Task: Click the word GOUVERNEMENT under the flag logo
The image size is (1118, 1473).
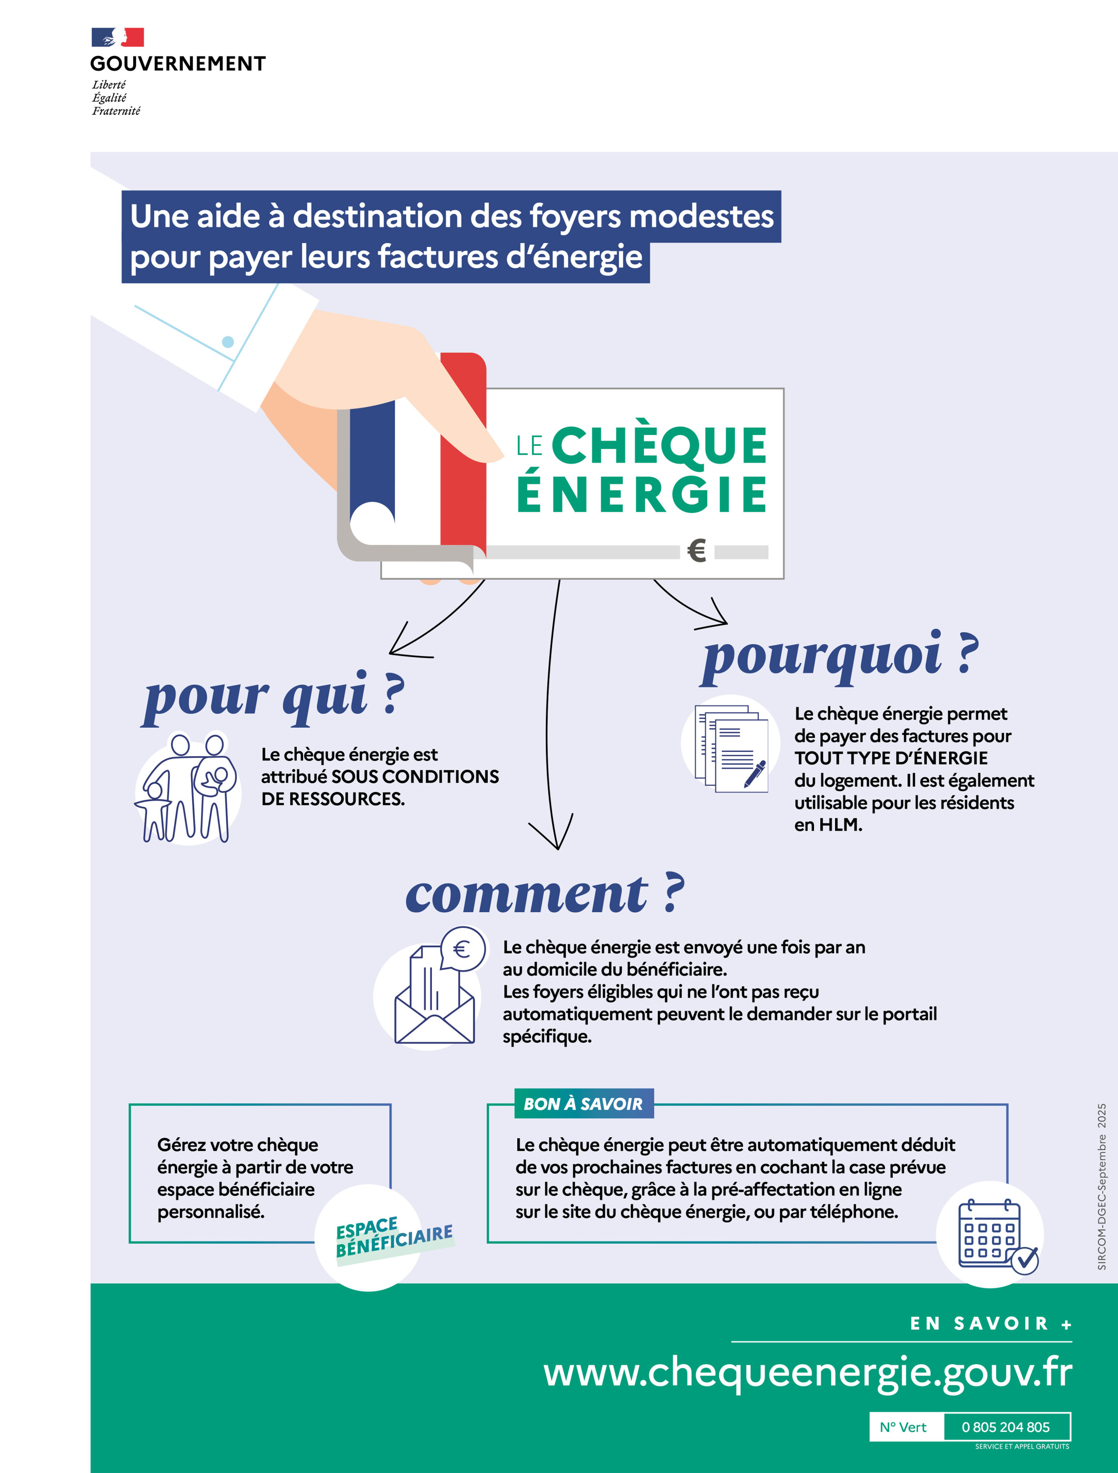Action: coord(178,64)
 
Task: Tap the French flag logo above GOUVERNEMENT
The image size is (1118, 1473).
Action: coord(118,37)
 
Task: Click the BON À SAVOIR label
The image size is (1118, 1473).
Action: coord(583,1104)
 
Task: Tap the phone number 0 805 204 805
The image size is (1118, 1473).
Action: coord(1006,1427)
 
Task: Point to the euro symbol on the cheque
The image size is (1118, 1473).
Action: coord(696,551)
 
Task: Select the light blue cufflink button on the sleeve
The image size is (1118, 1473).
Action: coord(228,342)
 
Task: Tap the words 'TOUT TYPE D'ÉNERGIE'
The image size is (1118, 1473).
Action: coord(891,758)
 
